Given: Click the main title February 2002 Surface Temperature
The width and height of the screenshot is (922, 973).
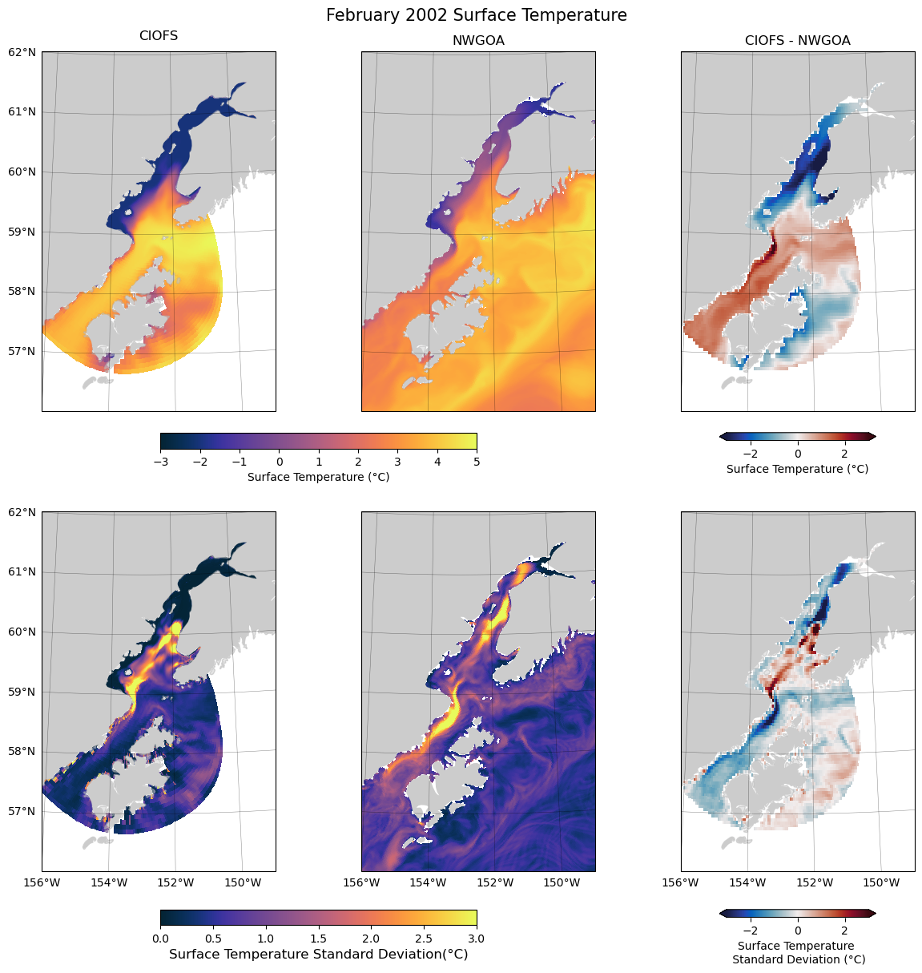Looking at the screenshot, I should (476, 15).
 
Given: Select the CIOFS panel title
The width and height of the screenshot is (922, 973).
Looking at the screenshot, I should (159, 36).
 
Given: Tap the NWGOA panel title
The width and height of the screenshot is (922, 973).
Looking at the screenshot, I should (478, 40).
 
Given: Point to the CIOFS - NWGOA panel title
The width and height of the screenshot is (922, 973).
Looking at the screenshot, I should (797, 40).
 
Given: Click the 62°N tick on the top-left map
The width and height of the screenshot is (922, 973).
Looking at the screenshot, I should (22, 52).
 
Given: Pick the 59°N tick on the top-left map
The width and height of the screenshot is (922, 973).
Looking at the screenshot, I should (22, 232).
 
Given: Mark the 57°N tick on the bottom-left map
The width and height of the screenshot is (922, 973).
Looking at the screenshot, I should (22, 811).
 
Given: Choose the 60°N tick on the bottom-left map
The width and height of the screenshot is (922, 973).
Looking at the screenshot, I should (22, 632).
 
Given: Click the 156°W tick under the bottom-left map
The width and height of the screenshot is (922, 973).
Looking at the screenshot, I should (42, 883).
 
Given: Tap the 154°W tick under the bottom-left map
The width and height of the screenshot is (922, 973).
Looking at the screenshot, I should (109, 883).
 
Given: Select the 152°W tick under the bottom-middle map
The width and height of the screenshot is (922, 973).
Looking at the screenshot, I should (495, 883).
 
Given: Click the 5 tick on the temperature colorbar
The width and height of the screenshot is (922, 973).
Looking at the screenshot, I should (477, 462).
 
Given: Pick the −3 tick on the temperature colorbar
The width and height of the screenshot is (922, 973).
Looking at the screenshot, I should (160, 462).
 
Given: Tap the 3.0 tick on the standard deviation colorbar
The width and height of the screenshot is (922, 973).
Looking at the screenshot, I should (477, 938).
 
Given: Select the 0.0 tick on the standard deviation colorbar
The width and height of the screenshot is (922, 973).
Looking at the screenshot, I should (160, 938).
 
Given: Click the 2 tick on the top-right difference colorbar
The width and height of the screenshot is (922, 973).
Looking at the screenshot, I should (844, 454).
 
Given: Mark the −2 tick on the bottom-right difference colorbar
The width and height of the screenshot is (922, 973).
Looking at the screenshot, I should (751, 931).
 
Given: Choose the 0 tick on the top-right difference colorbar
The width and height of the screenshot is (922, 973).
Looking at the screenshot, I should (798, 454).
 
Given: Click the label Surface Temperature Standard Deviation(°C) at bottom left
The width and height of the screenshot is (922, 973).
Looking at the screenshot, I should (318, 955).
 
